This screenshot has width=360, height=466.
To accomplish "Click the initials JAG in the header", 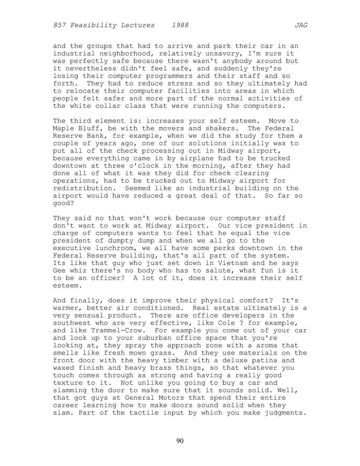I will click(301, 25).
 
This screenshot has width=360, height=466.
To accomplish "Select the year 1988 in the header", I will click(180, 25).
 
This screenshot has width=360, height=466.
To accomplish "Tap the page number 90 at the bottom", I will click(180, 441).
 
